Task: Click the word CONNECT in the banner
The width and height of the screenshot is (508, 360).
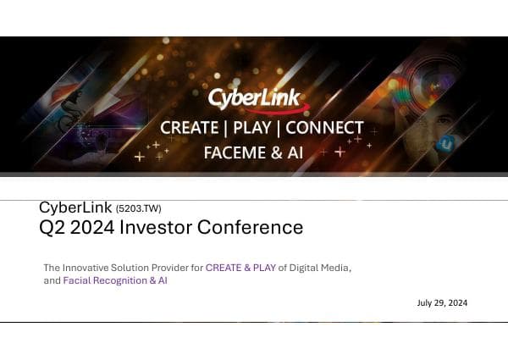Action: pyautogui.click(x=324, y=129)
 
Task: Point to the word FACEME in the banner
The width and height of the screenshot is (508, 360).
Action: pyautogui.click(x=233, y=152)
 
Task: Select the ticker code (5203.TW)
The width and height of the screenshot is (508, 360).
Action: pyautogui.click(x=138, y=208)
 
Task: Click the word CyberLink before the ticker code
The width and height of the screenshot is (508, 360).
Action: pyautogui.click(x=75, y=208)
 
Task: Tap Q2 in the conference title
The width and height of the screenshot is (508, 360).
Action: pyautogui.click(x=53, y=227)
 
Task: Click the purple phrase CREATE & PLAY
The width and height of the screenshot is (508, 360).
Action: pyautogui.click(x=241, y=268)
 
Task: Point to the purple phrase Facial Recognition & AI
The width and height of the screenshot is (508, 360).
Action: pyautogui.click(x=115, y=280)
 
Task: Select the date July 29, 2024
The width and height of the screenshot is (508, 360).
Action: pyautogui.click(x=442, y=302)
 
